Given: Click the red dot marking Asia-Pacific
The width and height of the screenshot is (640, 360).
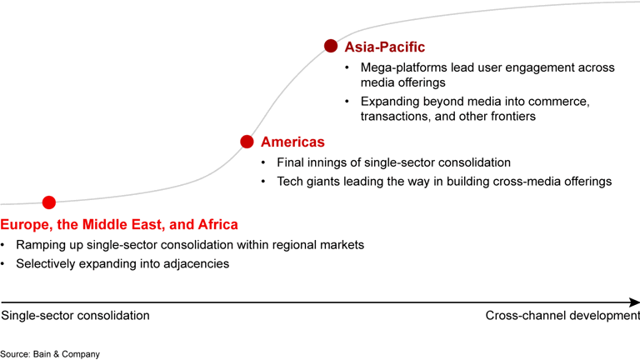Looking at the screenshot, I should [x=331, y=47].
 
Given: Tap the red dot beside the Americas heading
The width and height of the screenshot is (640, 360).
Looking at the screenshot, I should [x=247, y=142].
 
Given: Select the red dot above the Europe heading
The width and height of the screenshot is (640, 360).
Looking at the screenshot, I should [x=49, y=202].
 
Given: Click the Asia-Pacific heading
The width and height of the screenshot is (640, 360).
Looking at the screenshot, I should [x=384, y=47].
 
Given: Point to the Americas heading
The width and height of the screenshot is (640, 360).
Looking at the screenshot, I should [x=292, y=142].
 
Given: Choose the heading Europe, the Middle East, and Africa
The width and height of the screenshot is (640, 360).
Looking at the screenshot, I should [x=119, y=224].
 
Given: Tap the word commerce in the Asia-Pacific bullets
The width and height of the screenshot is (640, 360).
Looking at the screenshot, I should [x=559, y=101].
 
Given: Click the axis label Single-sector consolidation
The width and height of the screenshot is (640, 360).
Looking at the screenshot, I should [x=75, y=316].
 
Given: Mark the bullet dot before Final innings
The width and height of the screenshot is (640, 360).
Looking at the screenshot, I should [x=264, y=162].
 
